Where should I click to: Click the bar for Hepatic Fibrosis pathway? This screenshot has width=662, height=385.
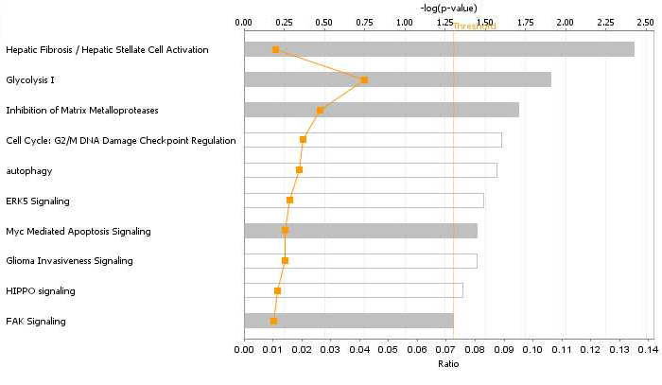[x=439, y=49]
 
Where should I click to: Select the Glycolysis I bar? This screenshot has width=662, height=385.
[x=397, y=79]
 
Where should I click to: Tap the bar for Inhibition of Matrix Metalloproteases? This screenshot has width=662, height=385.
[x=381, y=110]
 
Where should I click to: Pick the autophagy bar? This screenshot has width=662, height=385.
[x=370, y=170]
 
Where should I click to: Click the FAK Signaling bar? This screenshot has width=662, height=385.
[x=348, y=321]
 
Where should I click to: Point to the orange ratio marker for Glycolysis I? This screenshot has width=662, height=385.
[x=364, y=80]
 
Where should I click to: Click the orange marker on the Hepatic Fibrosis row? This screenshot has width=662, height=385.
[x=275, y=49]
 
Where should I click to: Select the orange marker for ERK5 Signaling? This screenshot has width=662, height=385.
[x=289, y=201]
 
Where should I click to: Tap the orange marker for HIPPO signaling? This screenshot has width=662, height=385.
[x=277, y=290]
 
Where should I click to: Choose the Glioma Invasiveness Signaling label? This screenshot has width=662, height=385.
[x=69, y=261]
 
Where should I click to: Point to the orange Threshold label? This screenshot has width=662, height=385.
[x=475, y=26]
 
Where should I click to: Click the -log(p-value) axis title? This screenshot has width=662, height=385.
[x=448, y=8]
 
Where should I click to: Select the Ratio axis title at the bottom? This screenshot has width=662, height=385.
[x=448, y=363]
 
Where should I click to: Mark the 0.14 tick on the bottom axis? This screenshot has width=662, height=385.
[x=646, y=350]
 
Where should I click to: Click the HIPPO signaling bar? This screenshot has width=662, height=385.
[x=353, y=290]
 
